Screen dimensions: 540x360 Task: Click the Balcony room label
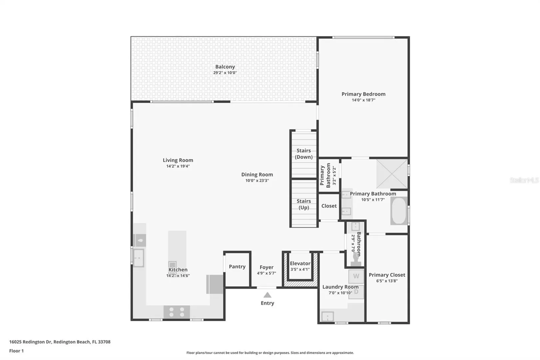[225, 67]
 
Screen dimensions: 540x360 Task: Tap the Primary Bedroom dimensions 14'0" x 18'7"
[363, 100]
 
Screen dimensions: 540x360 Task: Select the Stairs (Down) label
[304, 154]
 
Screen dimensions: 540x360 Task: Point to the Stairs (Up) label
[304, 204]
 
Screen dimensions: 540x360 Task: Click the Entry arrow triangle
[267, 295]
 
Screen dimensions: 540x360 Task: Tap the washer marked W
[356, 276]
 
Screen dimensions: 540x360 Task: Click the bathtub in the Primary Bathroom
[399, 211]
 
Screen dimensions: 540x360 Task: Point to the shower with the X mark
[392, 174]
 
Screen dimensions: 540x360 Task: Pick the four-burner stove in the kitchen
[177, 312]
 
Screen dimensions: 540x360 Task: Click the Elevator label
[300, 263]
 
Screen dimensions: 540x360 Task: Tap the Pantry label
[237, 266]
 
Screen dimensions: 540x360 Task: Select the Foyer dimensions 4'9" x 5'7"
[267, 273]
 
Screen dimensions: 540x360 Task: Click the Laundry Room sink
[327, 316]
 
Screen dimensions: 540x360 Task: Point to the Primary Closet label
[387, 275]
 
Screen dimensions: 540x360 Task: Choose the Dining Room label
[257, 174]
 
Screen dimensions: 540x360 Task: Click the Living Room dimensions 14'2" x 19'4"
[178, 166]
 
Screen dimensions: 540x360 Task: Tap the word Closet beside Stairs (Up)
[329, 206]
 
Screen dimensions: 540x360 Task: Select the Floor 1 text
[16, 351]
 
